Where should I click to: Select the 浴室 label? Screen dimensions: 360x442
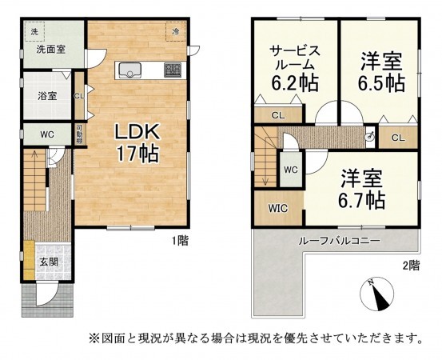tap(46, 96)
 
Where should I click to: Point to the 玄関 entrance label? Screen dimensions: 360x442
tap(49, 261)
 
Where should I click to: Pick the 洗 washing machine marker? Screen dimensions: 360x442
tap(34, 31)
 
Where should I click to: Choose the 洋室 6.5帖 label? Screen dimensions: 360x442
tap(380, 70)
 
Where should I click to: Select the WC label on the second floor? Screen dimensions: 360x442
tap(291, 170)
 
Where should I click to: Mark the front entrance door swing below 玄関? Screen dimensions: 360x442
tap(50, 295)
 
